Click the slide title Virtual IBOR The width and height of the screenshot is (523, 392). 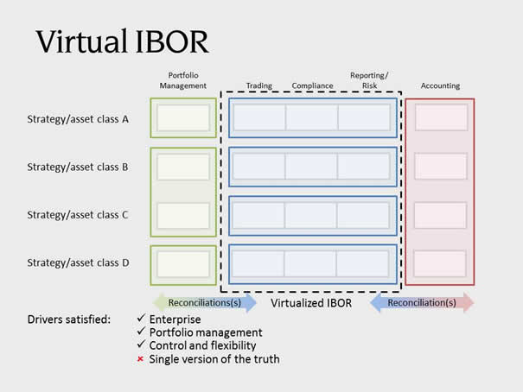click(x=122, y=41)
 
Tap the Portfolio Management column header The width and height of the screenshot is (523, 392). click(x=182, y=80)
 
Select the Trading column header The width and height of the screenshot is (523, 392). click(x=259, y=85)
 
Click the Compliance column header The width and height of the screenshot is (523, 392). click(x=313, y=85)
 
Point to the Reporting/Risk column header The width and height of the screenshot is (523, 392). click(x=369, y=80)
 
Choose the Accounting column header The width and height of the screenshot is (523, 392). click(x=440, y=85)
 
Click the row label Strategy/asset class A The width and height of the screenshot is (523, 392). click(x=78, y=119)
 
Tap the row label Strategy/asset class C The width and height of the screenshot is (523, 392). click(x=78, y=215)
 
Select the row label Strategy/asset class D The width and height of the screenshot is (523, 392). click(x=78, y=262)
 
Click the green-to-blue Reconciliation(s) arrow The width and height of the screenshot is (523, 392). click(x=205, y=303)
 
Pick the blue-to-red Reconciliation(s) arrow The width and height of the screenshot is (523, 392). click(x=422, y=303)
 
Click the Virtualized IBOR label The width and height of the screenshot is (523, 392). click(x=311, y=303)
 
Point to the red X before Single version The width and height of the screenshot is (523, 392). click(x=140, y=359)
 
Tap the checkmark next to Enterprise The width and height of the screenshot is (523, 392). click(x=141, y=318)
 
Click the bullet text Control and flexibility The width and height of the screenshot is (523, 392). click(x=202, y=345)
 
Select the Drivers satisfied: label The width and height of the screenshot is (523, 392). click(x=68, y=319)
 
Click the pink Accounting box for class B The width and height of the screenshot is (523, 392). click(x=441, y=166)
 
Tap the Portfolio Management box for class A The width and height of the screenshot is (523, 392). click(x=183, y=118)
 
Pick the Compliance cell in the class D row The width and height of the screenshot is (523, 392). click(x=310, y=264)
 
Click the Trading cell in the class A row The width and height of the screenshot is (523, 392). click(x=259, y=117)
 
